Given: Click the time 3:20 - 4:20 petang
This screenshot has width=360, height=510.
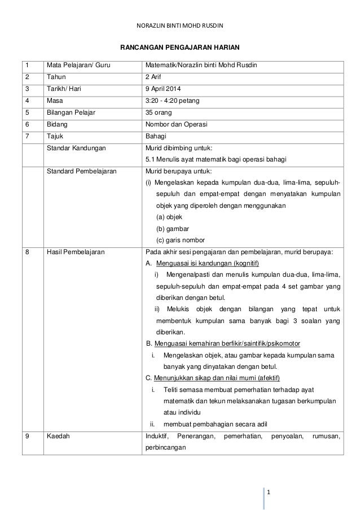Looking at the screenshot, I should tap(172, 101).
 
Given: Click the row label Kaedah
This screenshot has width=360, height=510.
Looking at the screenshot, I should tap(56, 435).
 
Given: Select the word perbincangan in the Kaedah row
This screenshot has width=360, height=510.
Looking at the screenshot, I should tap(165, 447).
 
